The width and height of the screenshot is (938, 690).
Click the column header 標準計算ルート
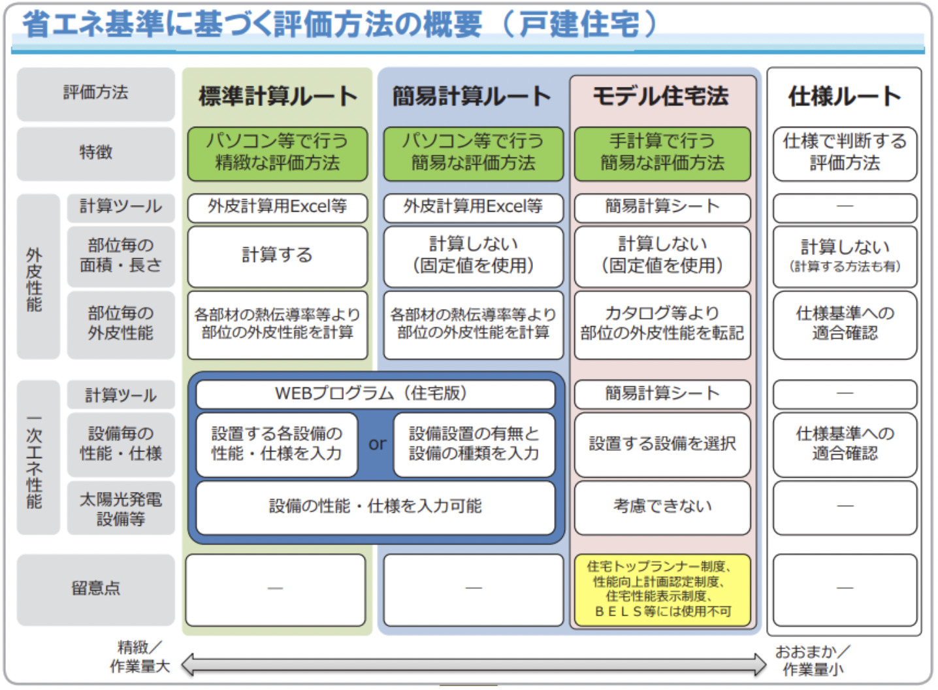coord(278,96)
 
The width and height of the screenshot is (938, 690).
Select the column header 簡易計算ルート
coord(472,96)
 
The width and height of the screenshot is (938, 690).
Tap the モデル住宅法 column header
coord(661,96)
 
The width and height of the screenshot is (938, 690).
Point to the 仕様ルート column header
coord(845,96)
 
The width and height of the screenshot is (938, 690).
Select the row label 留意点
coord(96,589)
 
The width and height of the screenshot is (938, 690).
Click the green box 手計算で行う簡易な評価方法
coord(662,154)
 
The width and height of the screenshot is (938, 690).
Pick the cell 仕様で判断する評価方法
coord(845,154)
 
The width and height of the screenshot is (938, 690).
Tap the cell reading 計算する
coord(278,256)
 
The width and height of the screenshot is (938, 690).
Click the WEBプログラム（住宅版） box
coord(376,394)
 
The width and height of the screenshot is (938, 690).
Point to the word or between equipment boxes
coord(377,444)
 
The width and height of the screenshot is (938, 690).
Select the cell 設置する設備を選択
coord(662,444)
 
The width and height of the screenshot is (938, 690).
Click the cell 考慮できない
coord(662,507)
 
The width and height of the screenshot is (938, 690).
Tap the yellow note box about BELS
coord(662,590)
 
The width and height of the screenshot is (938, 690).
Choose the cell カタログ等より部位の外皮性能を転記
coord(662,325)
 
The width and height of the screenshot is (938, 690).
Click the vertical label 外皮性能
coord(35,280)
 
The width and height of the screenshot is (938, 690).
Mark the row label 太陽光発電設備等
coord(121,508)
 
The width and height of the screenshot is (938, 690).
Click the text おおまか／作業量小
coord(813,660)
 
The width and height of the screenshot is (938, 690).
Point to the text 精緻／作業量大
coord(140,657)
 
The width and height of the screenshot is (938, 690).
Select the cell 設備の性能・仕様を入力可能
coord(376,507)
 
